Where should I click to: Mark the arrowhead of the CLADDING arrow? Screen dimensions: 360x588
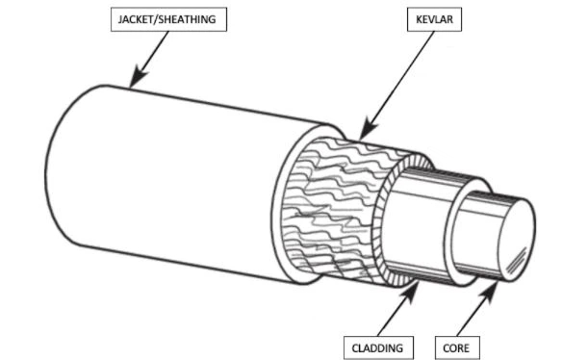point(414,284)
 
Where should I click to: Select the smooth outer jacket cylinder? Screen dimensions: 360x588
point(192,173)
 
